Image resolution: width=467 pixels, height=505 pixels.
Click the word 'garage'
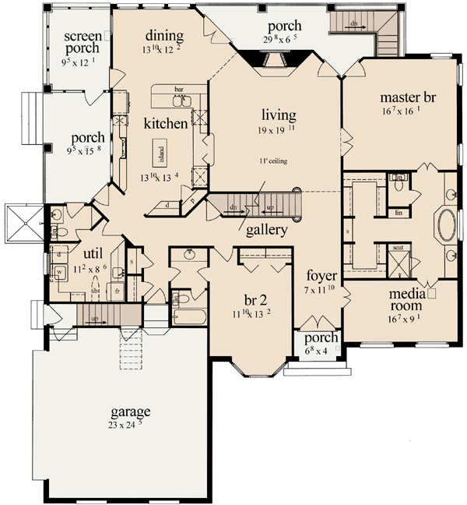[130, 411]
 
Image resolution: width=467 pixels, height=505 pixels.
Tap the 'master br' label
[407, 98]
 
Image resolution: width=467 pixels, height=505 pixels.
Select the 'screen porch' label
[83, 43]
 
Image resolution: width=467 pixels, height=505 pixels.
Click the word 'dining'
[164, 36]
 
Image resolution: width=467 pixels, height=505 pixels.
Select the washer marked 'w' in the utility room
[59, 272]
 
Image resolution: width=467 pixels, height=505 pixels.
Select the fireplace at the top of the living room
[269, 62]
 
